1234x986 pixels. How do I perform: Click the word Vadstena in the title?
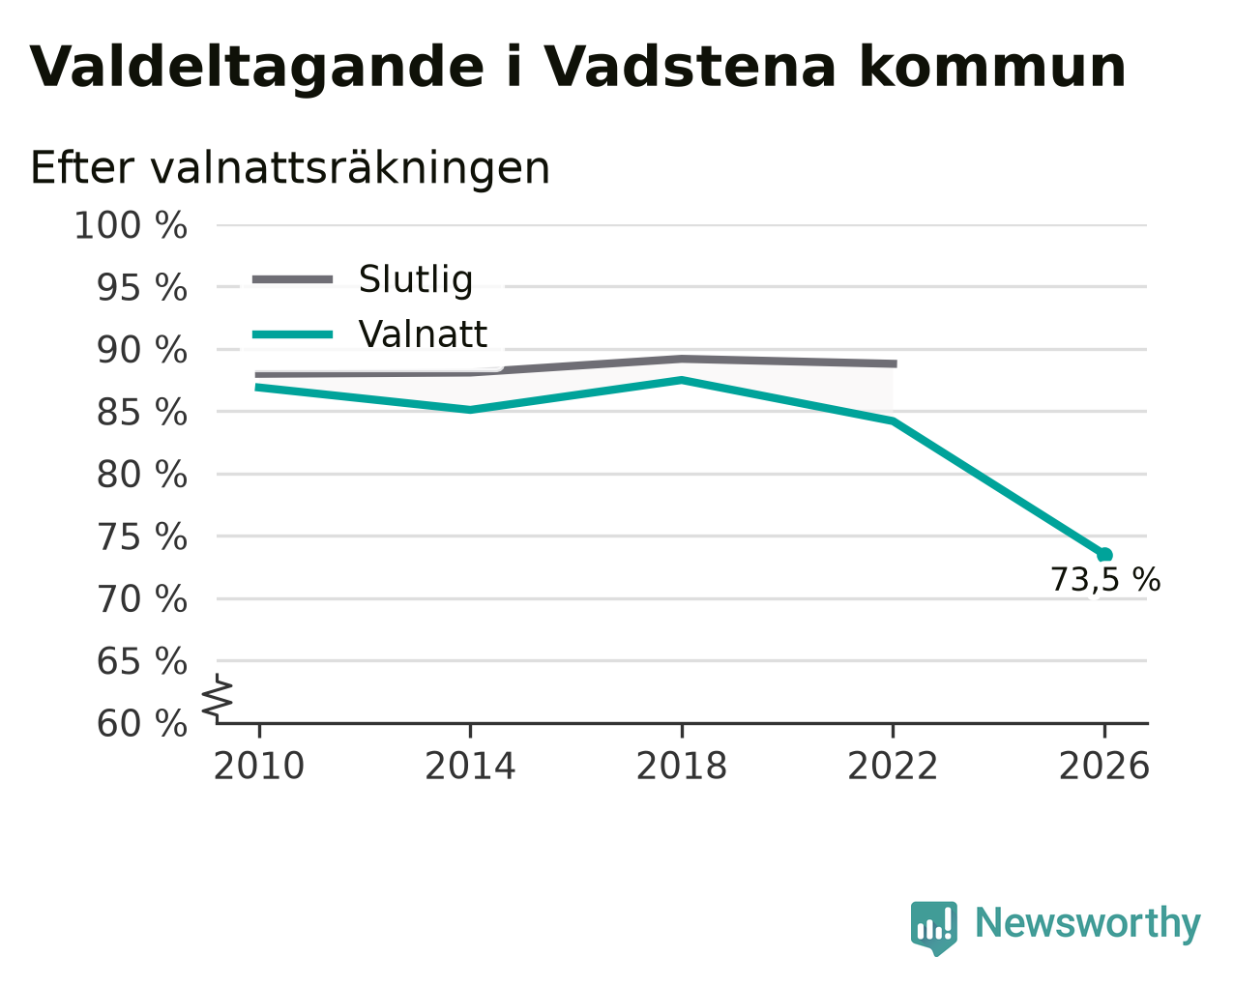(x=689, y=67)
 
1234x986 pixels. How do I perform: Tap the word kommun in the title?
(x=992, y=67)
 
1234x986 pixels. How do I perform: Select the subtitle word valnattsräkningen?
(x=350, y=168)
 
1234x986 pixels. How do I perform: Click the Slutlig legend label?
(x=416, y=280)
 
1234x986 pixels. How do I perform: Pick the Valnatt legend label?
(x=423, y=333)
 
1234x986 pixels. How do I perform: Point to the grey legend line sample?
(x=292, y=279)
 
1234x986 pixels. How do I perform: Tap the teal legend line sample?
(x=292, y=334)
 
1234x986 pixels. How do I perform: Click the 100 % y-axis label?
(x=131, y=225)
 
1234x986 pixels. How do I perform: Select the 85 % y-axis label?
(x=141, y=412)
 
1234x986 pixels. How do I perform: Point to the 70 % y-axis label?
(x=141, y=599)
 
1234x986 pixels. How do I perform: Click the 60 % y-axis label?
(x=141, y=723)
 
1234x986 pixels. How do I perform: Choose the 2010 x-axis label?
(x=258, y=767)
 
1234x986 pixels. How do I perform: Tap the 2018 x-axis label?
(x=681, y=767)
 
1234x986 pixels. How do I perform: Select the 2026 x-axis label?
(x=1103, y=767)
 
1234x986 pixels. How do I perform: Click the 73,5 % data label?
(x=1105, y=580)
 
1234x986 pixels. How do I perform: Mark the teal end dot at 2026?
(x=1104, y=554)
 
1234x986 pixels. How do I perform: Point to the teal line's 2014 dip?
(x=470, y=410)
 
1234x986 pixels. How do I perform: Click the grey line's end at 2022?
(x=896, y=364)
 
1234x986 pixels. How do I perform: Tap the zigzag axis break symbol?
(x=218, y=697)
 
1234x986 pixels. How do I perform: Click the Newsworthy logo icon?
(x=933, y=927)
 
